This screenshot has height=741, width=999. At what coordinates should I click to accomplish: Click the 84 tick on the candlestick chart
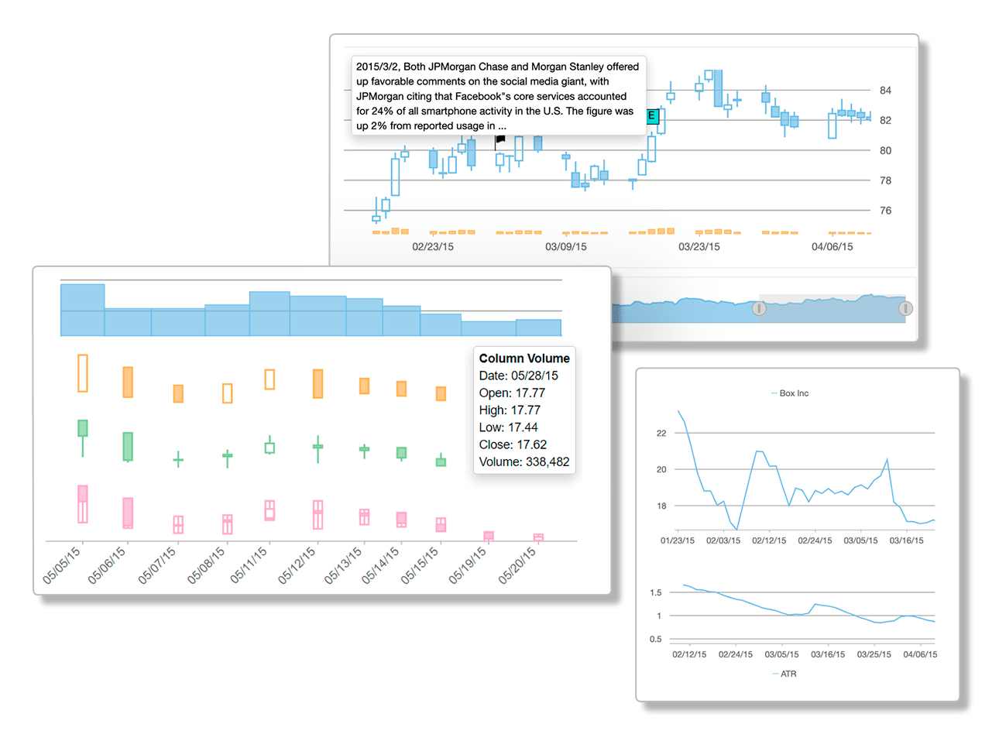pyautogui.click(x=885, y=91)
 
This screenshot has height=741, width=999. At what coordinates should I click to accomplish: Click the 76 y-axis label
pyautogui.click(x=885, y=211)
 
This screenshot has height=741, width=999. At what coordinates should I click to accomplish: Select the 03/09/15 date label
pyautogui.click(x=566, y=247)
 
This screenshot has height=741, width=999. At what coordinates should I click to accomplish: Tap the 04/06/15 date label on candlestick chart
pyautogui.click(x=832, y=247)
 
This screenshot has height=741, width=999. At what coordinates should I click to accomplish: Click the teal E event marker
pyautogui.click(x=651, y=117)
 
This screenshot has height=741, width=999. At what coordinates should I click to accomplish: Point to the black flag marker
pyautogui.click(x=500, y=140)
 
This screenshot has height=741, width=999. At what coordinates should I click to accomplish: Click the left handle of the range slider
pyautogui.click(x=759, y=308)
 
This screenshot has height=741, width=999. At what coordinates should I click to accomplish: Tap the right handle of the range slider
pyautogui.click(x=905, y=308)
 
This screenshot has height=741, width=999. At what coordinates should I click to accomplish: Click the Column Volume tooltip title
pyautogui.click(x=524, y=358)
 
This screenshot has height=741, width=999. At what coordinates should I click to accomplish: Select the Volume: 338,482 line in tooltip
pyautogui.click(x=524, y=462)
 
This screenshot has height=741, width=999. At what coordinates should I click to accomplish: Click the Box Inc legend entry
pyautogui.click(x=793, y=393)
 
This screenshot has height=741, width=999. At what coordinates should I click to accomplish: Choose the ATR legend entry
pyautogui.click(x=788, y=674)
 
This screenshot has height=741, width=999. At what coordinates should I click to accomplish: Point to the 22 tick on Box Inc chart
pyautogui.click(x=661, y=434)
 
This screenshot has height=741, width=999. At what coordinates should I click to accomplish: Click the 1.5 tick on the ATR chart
pyautogui.click(x=655, y=593)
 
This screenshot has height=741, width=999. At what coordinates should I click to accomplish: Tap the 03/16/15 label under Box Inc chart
pyautogui.click(x=906, y=540)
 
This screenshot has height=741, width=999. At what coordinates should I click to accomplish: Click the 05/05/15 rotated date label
pyautogui.click(x=62, y=565)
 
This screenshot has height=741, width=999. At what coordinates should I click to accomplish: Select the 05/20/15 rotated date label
pyautogui.click(x=517, y=565)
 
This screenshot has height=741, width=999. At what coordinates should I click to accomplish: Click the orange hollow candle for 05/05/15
pyautogui.click(x=83, y=373)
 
